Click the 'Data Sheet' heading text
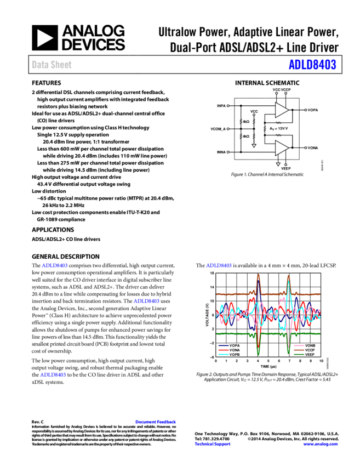52,65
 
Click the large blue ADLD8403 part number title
312,65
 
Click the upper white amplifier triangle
281,110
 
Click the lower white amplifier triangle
281,148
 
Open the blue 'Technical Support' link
212,444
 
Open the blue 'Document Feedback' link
156,422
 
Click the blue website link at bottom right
321,444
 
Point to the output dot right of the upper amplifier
305,110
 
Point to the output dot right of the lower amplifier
305,148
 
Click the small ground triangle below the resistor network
254,146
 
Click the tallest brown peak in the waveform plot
258,276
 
